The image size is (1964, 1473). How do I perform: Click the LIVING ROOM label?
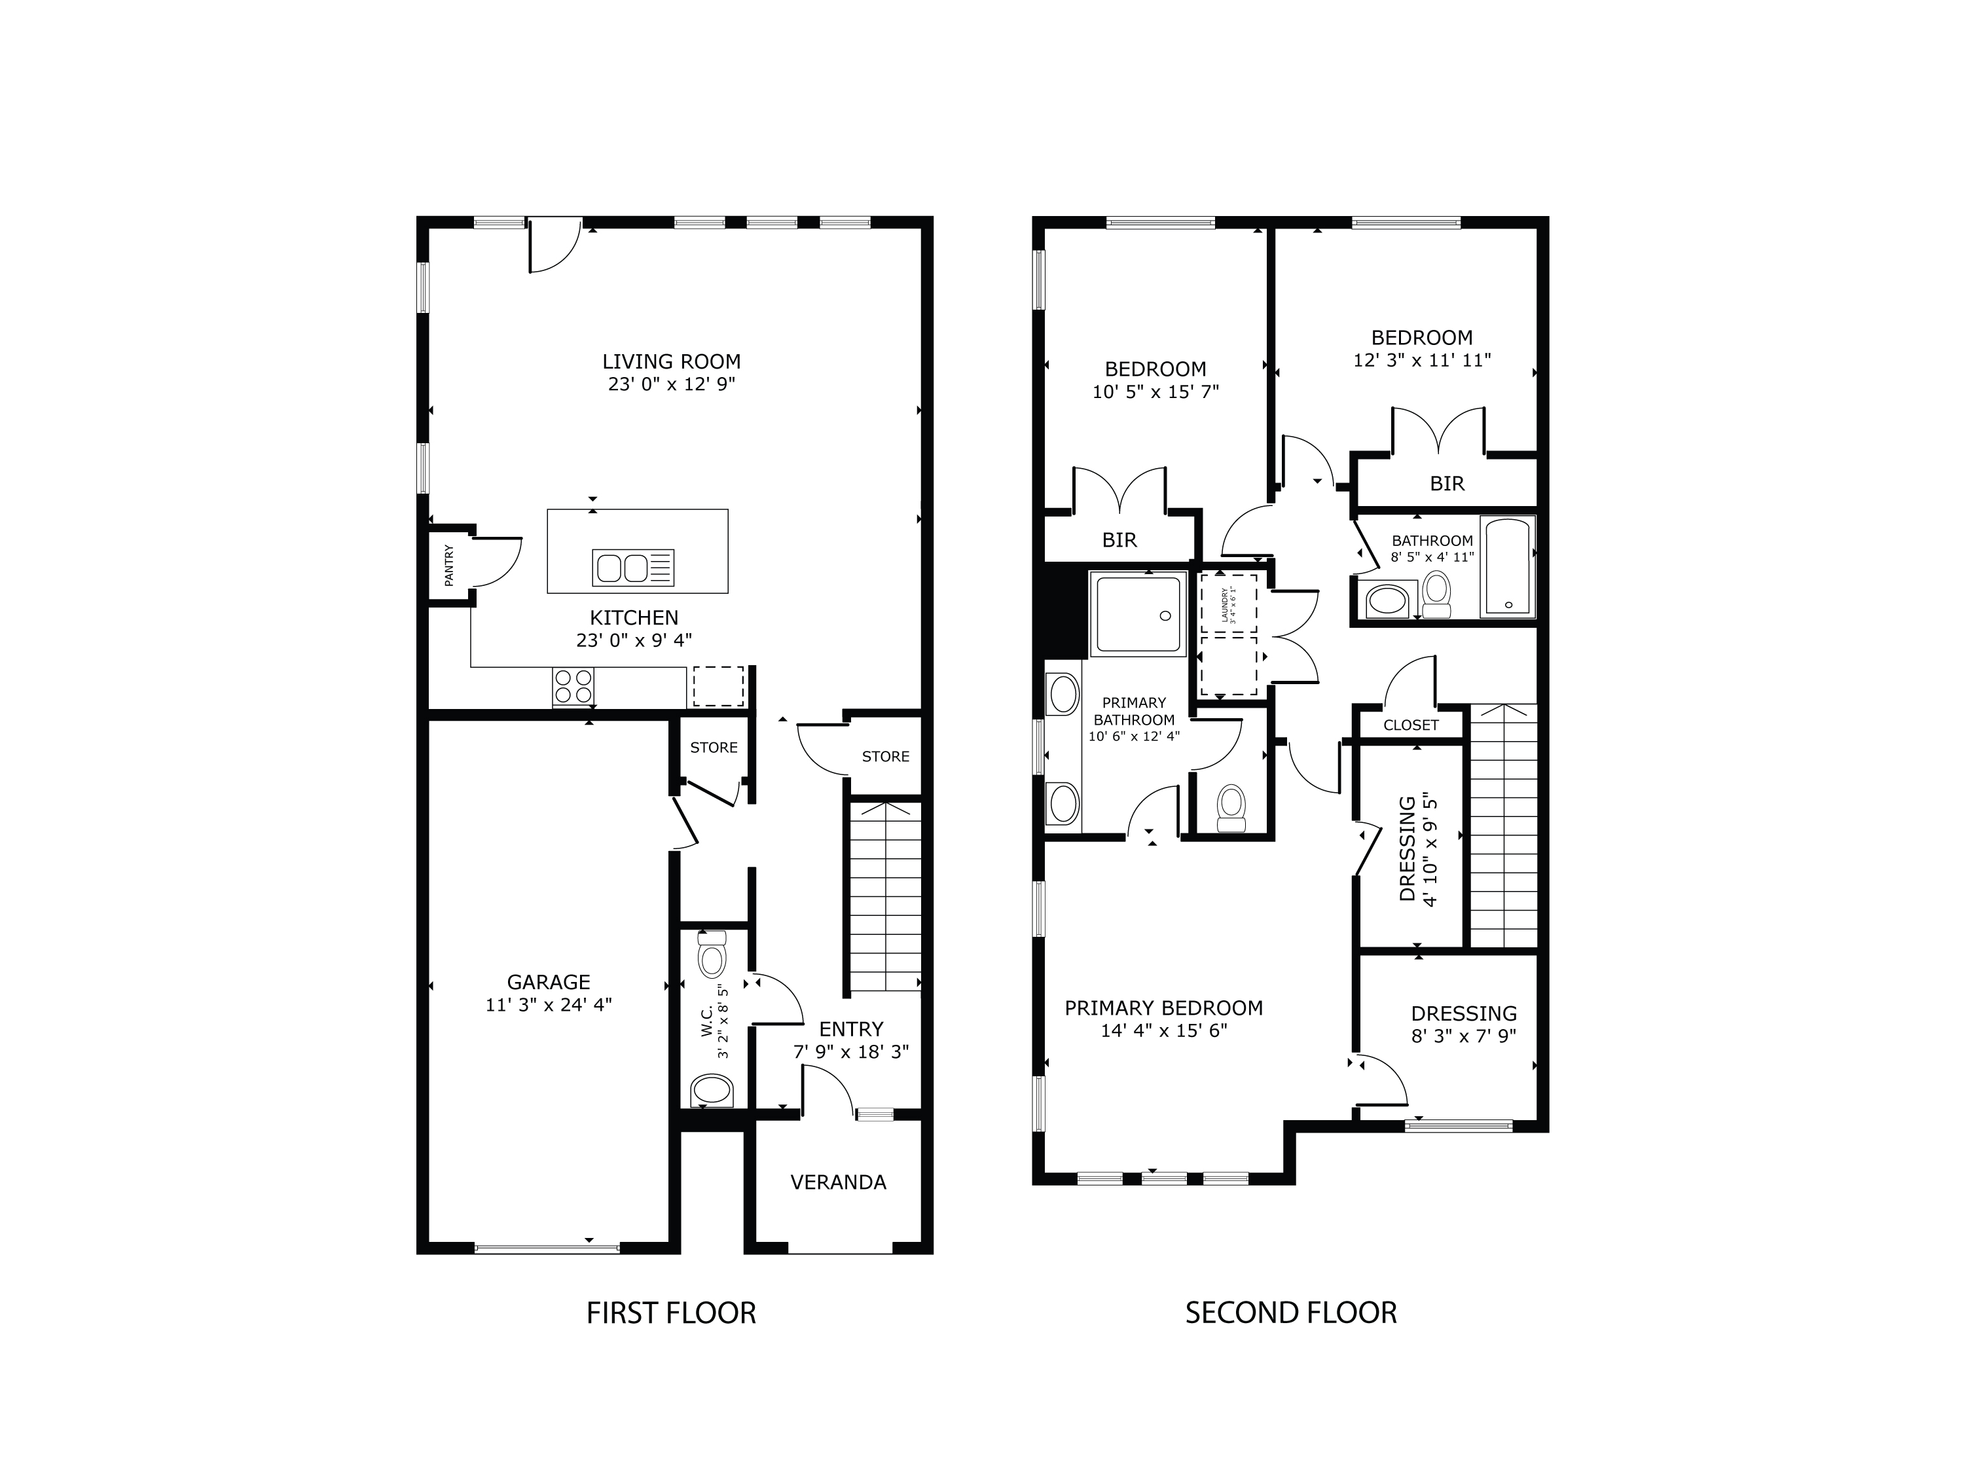[671, 361]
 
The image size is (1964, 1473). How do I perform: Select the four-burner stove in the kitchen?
[573, 685]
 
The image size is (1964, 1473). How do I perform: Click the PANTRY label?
[448, 565]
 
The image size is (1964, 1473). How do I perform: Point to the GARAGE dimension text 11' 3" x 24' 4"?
[548, 1005]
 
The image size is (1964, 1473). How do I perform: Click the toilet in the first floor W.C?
[712, 956]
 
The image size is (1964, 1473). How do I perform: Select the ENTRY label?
[850, 1029]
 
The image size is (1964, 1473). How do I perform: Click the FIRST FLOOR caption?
[670, 1313]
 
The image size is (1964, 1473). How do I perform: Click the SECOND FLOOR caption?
[1290, 1313]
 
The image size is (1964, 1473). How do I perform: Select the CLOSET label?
[1410, 725]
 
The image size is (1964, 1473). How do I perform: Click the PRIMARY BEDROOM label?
[1163, 1008]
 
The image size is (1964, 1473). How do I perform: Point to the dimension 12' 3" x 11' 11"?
[1421, 361]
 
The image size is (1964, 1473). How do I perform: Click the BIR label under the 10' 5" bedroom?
[1119, 540]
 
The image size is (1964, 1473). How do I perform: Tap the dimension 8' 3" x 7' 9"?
[1463, 1035]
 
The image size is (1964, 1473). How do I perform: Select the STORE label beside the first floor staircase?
[885, 757]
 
